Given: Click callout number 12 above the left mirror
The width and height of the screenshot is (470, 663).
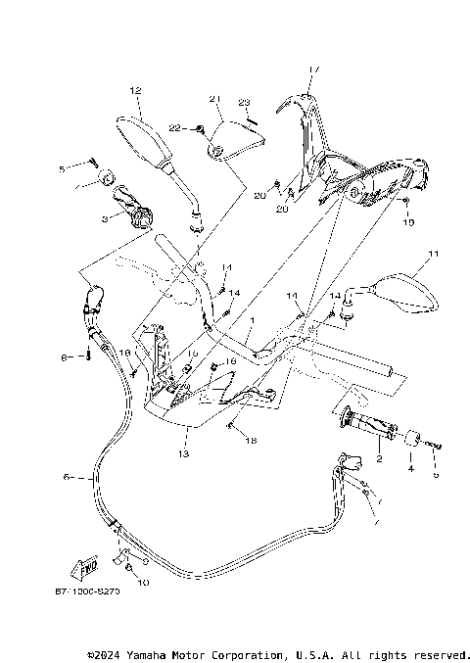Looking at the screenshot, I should [135, 90].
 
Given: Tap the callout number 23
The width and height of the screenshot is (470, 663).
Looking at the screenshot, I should [245, 103].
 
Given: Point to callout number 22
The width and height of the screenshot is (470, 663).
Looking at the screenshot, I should [174, 128].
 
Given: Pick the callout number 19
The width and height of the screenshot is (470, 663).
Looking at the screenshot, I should [409, 222].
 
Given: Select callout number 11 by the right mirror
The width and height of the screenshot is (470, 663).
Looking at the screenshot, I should [427, 257].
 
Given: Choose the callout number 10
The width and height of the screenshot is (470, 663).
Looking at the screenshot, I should [142, 583].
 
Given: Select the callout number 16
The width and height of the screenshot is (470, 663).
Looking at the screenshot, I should [231, 361].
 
